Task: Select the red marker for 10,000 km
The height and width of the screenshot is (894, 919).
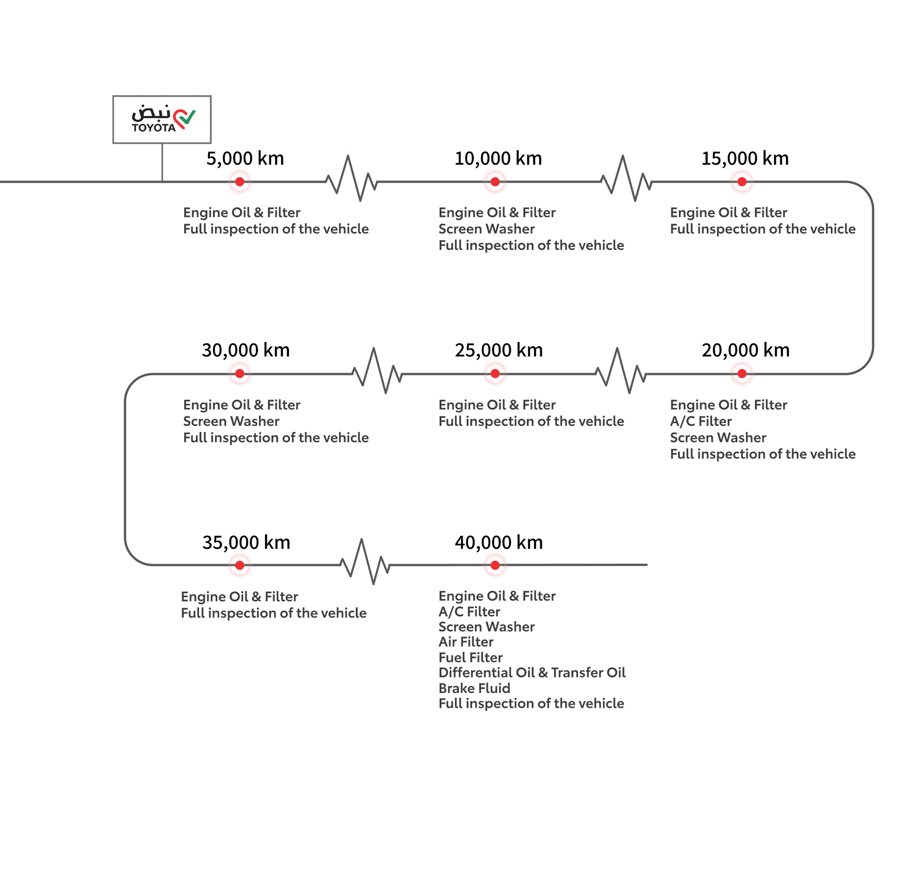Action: pos(495,182)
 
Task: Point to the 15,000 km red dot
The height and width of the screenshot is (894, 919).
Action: pos(742,182)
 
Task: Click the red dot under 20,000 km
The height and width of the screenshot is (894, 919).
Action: pos(742,374)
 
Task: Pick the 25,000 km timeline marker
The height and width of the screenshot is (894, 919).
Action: pos(495,374)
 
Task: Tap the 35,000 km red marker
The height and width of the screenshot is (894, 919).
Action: pos(240,565)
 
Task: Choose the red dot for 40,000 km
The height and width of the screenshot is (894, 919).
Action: pos(495,565)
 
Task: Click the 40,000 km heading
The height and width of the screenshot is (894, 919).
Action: pos(499,542)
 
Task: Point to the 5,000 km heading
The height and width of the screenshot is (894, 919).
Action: pos(245,159)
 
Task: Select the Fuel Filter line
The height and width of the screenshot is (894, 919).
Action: pos(471,657)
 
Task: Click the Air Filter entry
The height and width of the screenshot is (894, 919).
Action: pos(466,642)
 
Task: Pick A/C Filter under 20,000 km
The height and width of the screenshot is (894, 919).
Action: pos(701,421)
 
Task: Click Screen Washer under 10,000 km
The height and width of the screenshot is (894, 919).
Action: pos(486,229)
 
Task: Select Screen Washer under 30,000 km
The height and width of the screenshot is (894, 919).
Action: pos(231,421)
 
